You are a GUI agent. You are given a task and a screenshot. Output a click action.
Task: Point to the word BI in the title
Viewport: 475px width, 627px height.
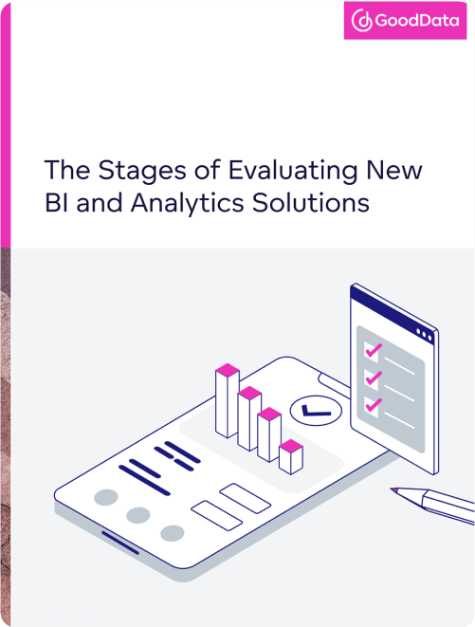pos(57,203)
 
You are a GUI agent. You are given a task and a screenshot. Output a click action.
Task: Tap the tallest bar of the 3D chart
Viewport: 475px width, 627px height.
pos(228,403)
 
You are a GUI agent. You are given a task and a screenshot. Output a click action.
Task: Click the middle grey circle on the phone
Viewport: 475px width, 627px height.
pos(138,515)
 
